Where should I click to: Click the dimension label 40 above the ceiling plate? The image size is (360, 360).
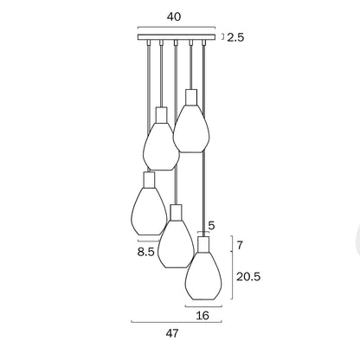click(174, 16)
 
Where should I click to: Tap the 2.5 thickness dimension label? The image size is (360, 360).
click(235, 37)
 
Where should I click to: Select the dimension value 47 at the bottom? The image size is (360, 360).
click(172, 333)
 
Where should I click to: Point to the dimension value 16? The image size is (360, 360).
click(202, 316)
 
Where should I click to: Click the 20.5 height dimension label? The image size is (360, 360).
click(248, 277)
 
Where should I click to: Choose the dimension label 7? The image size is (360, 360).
click(240, 246)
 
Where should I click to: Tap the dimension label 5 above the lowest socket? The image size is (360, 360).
click(211, 225)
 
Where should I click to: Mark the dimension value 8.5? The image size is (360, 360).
click(146, 252)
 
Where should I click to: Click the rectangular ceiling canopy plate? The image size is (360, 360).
click(177, 37)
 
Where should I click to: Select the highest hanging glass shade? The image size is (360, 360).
click(191, 128)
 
